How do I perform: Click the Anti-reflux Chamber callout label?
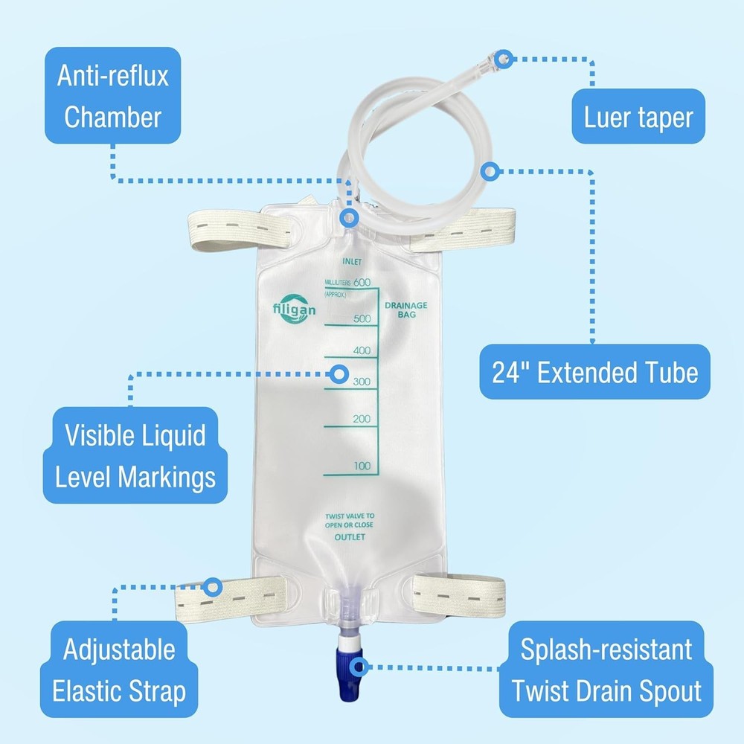coord(113,95)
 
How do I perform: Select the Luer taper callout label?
coord(638,117)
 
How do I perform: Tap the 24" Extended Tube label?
coord(595,372)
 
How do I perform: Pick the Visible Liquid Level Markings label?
coord(135,455)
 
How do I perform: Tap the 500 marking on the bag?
coord(361,318)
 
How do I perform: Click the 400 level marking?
coord(361,350)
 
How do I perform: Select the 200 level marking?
coord(361,419)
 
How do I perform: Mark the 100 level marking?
coord(361,466)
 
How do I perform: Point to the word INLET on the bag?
coord(352,262)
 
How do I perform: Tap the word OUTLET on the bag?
coord(349,537)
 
